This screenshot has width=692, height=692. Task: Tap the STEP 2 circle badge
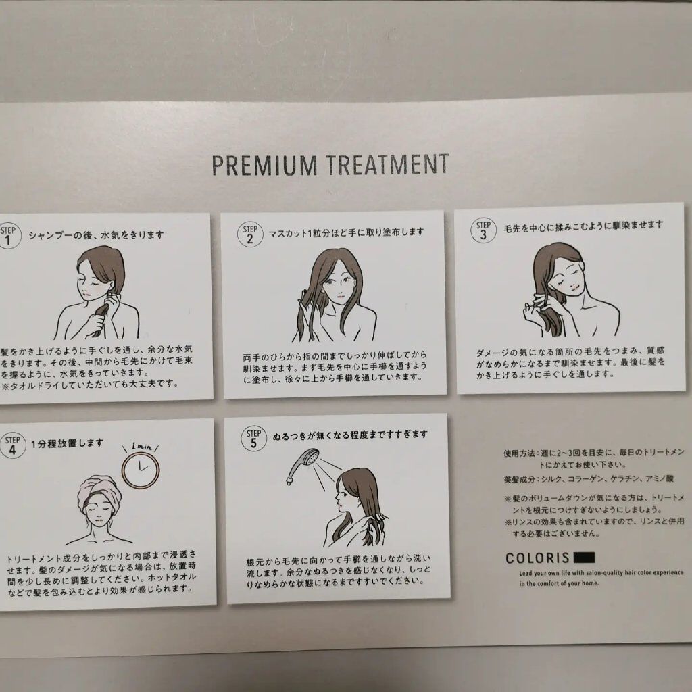pyautogui.click(x=249, y=234)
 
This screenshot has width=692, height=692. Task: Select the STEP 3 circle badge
pyautogui.click(x=483, y=230)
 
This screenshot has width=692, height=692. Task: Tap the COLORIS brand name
pyautogui.click(x=537, y=559)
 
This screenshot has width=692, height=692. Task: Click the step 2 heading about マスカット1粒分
pyautogui.click(x=346, y=232)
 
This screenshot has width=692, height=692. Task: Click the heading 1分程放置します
pyautogui.click(x=67, y=443)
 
